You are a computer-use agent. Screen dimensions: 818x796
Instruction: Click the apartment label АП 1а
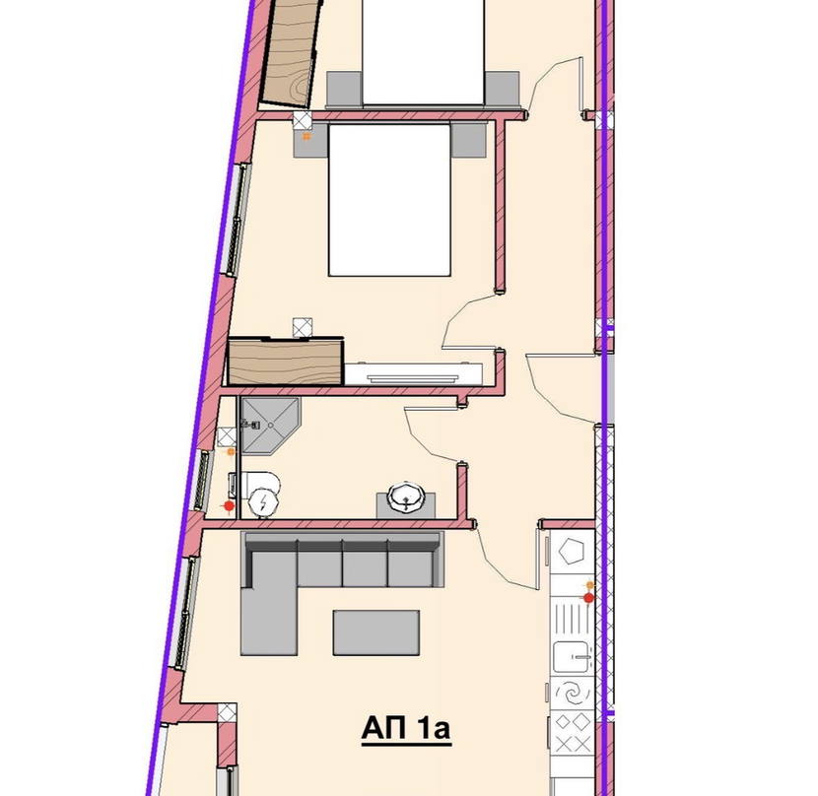click(x=406, y=728)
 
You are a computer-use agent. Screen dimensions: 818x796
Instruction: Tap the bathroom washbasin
click(x=406, y=497)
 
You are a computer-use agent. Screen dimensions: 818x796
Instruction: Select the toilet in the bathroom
click(x=255, y=494)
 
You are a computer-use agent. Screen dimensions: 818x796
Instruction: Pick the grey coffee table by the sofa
click(x=376, y=632)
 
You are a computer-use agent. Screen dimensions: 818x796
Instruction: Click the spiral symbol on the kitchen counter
click(x=572, y=694)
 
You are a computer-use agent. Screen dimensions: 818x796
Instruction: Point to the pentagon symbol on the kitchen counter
click(x=572, y=551)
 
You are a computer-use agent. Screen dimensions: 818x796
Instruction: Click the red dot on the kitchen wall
click(x=588, y=598)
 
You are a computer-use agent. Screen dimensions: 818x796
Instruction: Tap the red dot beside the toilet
click(x=229, y=505)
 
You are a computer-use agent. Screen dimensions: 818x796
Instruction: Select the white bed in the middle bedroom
click(x=389, y=200)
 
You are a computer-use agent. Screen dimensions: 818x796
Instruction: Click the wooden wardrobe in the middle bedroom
click(x=286, y=362)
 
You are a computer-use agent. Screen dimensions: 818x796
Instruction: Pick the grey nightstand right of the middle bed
click(x=468, y=140)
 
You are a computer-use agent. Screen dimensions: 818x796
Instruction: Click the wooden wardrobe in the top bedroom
click(x=290, y=52)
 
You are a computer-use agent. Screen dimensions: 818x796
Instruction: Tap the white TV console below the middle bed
click(x=413, y=374)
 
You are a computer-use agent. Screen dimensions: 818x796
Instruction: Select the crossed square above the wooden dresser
click(x=302, y=328)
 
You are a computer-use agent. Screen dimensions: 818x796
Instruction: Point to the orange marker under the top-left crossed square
click(x=307, y=137)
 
